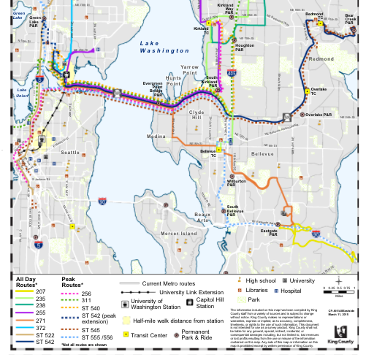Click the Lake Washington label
164,47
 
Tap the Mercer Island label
179,233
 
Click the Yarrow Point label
190,70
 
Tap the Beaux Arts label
204,215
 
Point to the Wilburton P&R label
236,183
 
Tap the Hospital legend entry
291,290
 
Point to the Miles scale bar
338,291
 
